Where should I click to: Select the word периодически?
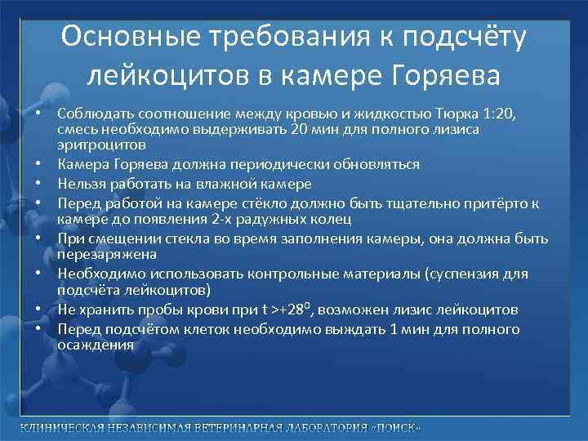point(310,164)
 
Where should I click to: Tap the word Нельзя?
point(81,184)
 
